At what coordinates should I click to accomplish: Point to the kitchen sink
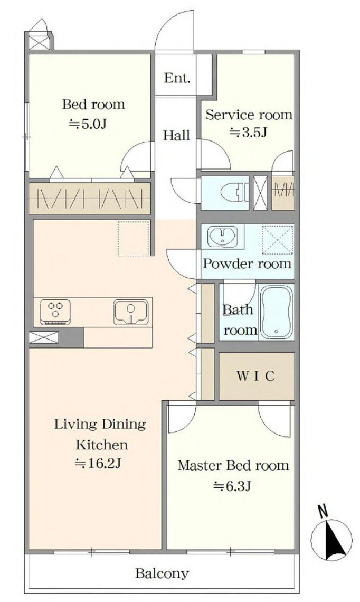point(130,312)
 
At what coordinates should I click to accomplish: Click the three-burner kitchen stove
point(56,312)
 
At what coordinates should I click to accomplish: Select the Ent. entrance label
point(177,78)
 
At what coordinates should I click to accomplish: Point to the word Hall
point(176,136)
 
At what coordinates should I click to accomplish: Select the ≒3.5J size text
point(249,133)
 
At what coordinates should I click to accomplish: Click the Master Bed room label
point(233,465)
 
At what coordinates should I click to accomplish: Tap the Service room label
point(249,115)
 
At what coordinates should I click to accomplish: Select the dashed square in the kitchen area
point(133,238)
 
